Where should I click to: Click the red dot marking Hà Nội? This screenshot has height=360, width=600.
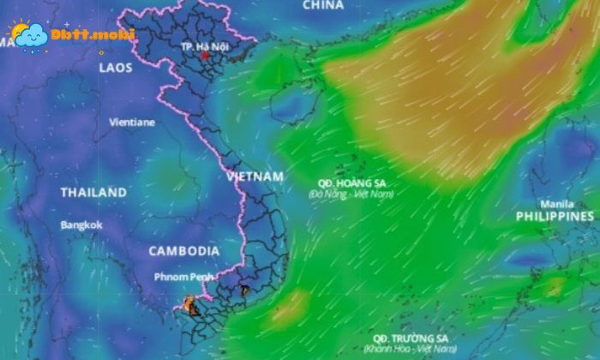[205, 56]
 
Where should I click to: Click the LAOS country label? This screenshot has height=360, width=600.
[116, 67]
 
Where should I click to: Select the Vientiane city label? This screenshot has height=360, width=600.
[132, 122]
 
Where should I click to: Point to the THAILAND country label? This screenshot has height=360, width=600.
[93, 193]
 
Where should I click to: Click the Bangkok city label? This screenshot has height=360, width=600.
[81, 225]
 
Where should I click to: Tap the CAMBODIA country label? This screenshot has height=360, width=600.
[183, 251]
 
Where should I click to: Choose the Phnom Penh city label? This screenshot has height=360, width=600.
[183, 277]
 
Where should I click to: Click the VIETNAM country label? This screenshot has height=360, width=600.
[255, 176]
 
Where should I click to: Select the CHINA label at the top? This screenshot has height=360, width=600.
[323, 5]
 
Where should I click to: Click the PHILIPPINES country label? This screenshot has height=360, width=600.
[555, 218]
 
